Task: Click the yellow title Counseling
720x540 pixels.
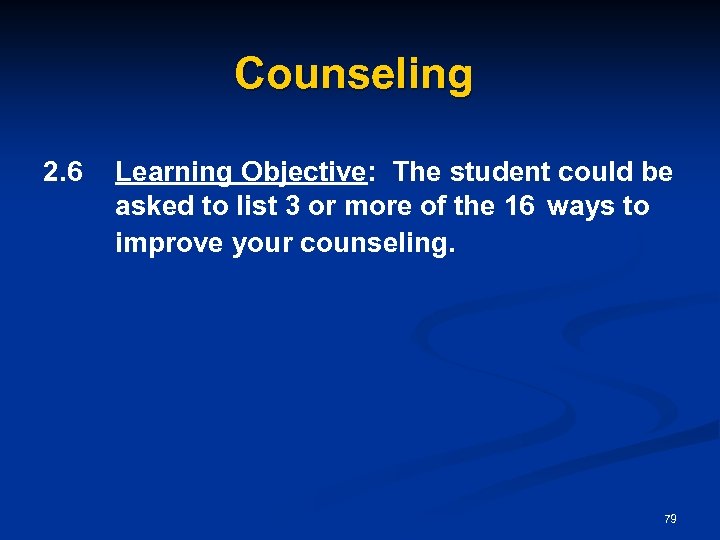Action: tap(353, 75)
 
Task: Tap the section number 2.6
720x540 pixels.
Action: tap(64, 172)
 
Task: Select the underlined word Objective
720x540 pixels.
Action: tap(302, 173)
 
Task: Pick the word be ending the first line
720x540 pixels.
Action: tap(657, 172)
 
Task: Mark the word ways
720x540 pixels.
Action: tap(585, 207)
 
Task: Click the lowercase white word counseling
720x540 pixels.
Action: tap(376, 243)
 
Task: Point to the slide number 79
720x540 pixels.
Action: tap(670, 519)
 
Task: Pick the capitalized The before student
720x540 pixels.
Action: tap(417, 172)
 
